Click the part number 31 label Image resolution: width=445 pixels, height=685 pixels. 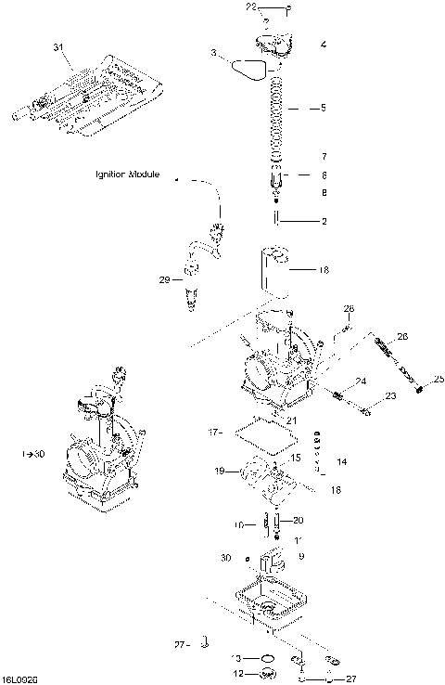pyautogui.click(x=59, y=46)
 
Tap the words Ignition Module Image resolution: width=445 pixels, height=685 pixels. pyautogui.click(x=128, y=174)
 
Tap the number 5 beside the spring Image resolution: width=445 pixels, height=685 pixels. pyautogui.click(x=323, y=109)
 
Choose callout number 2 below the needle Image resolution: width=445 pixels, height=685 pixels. pyautogui.click(x=324, y=221)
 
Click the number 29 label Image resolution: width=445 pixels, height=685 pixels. pyautogui.click(x=165, y=278)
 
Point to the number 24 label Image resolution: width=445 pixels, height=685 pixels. pyautogui.click(x=362, y=381)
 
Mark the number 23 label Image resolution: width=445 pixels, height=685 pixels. pyautogui.click(x=390, y=396)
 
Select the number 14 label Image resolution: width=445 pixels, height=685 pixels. pyautogui.click(x=341, y=461)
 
